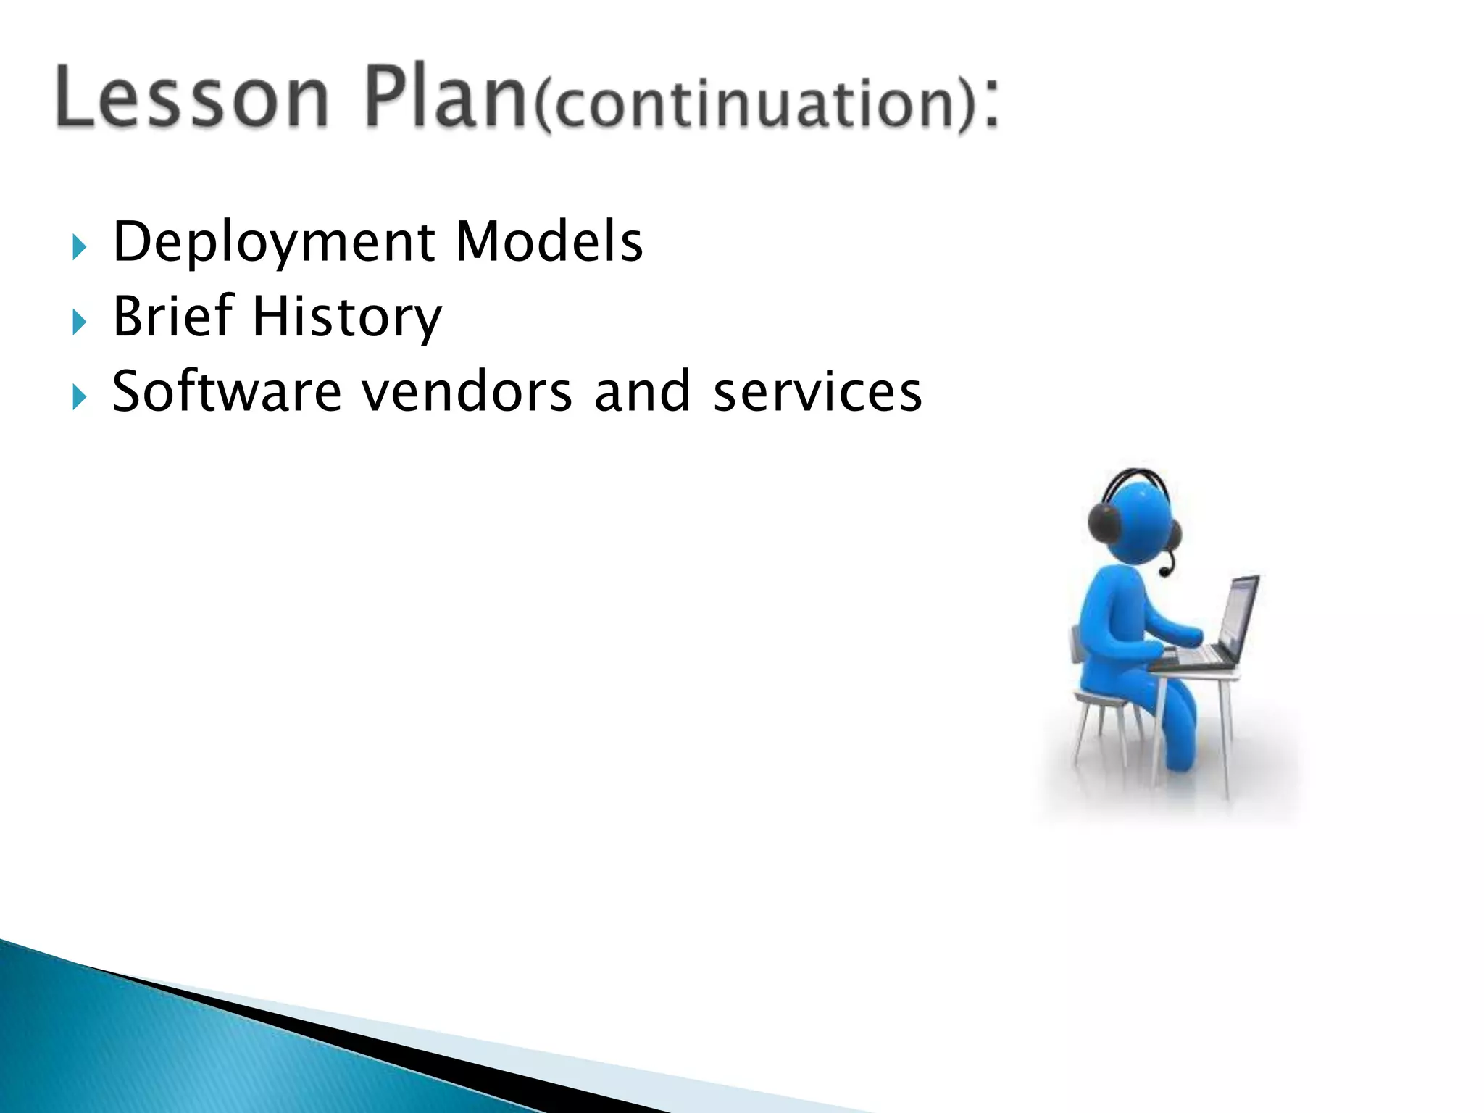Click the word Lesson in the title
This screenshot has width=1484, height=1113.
[x=191, y=98]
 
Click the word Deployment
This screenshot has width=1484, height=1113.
[x=274, y=243]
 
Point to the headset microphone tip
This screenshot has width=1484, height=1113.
[x=1164, y=572]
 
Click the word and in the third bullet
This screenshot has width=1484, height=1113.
[x=642, y=391]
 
